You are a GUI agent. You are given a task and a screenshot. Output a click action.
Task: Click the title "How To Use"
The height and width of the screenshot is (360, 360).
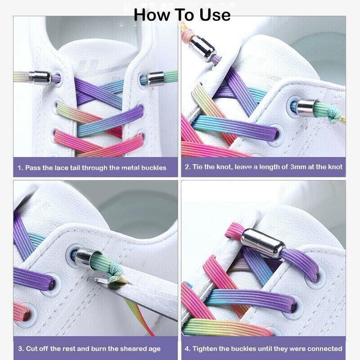point(182,14)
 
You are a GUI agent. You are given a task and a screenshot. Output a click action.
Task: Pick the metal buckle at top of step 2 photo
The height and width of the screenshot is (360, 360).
point(198,45)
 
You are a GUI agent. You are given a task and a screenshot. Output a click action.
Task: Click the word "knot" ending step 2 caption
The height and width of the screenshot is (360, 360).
point(333,167)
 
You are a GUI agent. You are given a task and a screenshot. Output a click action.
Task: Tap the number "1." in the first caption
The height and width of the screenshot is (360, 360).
point(20,168)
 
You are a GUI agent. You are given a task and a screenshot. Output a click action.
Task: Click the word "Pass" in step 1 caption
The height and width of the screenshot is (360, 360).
point(34,168)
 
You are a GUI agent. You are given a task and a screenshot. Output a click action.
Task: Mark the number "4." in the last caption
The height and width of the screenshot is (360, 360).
point(188,349)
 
